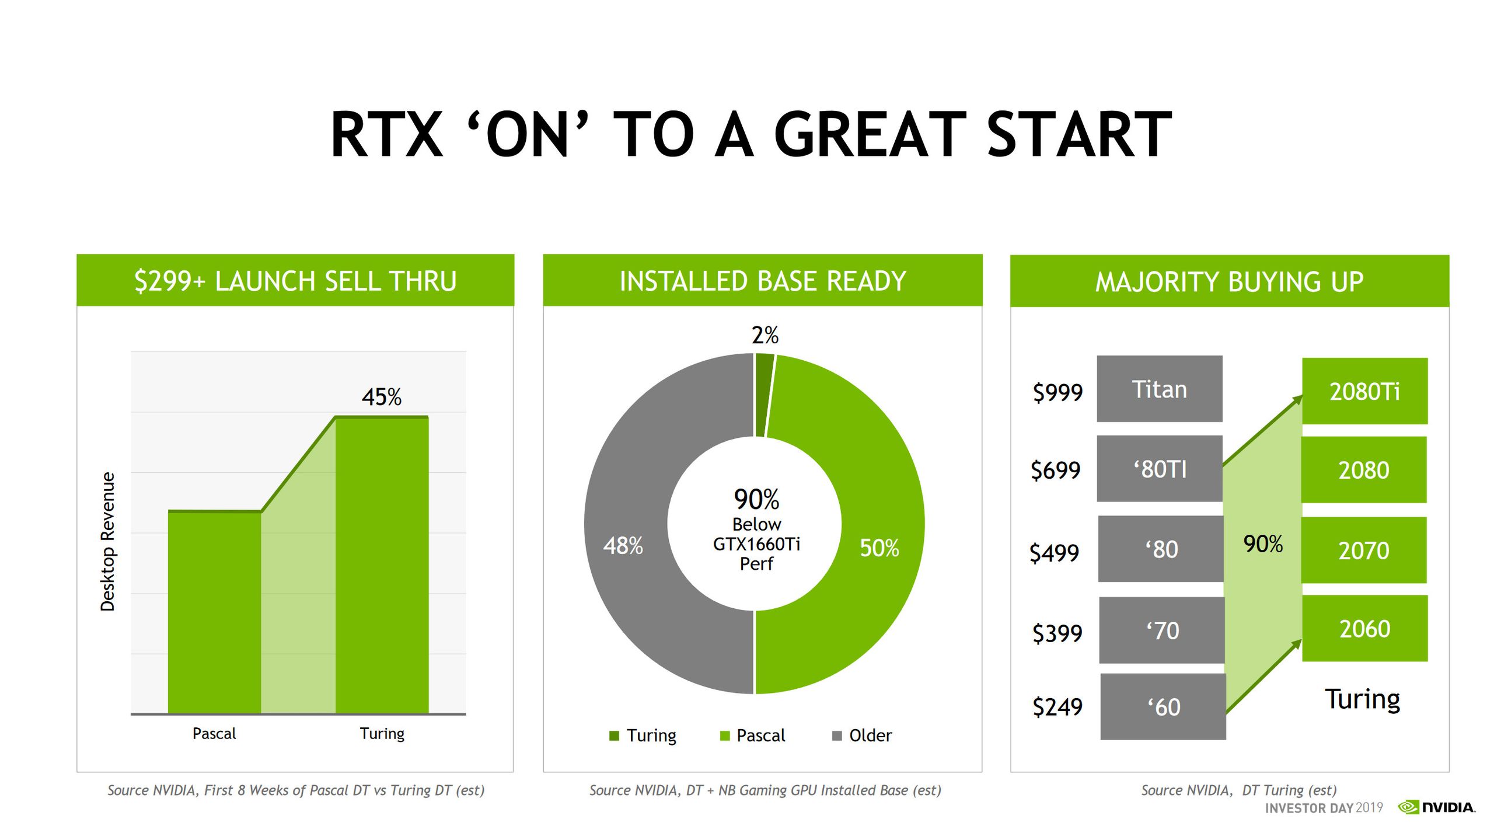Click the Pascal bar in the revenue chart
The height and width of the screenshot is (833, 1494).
click(214, 613)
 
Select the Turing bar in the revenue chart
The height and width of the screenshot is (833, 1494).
click(382, 566)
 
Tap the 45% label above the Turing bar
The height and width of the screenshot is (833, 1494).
click(381, 397)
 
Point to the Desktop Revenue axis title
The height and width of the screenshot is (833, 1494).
click(107, 541)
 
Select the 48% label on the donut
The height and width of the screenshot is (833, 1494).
click(623, 546)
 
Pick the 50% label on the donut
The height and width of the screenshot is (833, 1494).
click(879, 548)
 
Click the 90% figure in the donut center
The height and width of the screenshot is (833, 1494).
click(756, 499)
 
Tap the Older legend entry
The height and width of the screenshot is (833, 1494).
click(862, 736)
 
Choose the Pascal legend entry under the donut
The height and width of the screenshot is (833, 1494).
click(753, 736)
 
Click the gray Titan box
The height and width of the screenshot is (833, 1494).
click(1159, 389)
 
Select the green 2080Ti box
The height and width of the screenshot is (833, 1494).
click(1364, 391)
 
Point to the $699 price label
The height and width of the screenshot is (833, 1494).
click(1055, 470)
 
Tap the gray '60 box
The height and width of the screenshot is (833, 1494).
click(1163, 707)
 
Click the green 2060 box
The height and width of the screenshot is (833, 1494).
click(1364, 629)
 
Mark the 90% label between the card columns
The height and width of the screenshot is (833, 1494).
click(1262, 543)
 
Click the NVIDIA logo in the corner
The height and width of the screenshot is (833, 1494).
click(1437, 807)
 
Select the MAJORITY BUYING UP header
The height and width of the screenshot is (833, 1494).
click(1229, 281)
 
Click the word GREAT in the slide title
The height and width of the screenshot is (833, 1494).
click(870, 135)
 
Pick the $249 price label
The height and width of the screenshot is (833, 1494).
click(1057, 707)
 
